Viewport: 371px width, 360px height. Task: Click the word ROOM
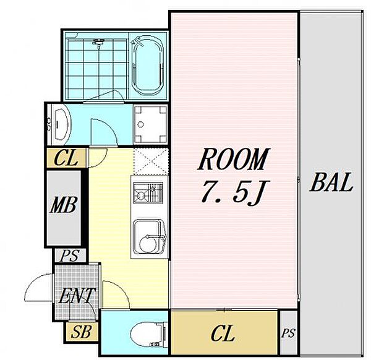[233, 160]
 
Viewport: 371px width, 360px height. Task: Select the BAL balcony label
[331, 182]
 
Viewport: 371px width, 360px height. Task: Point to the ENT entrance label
[77, 296]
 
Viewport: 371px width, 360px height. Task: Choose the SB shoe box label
[81, 332]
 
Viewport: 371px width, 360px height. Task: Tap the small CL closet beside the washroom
[66, 158]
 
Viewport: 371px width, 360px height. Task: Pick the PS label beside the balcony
[288, 333]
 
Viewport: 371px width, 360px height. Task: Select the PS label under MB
[69, 255]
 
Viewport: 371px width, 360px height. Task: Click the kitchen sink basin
[149, 237]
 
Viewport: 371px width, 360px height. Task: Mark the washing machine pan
[150, 124]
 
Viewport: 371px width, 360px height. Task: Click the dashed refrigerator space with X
[151, 161]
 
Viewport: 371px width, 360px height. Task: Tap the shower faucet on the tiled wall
[98, 43]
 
